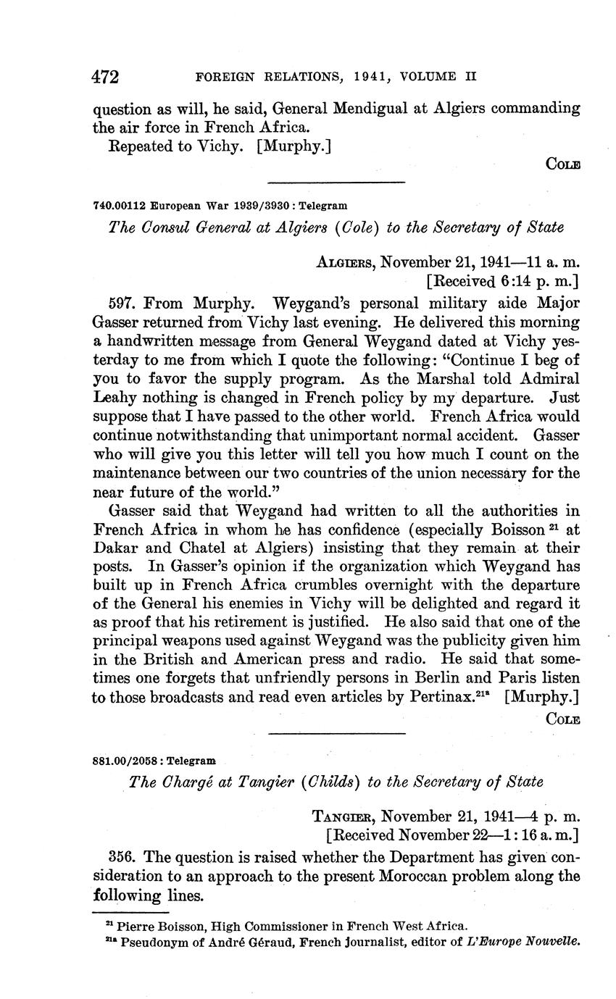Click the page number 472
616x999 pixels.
click(106, 76)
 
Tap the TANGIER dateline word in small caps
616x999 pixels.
click(343, 816)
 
